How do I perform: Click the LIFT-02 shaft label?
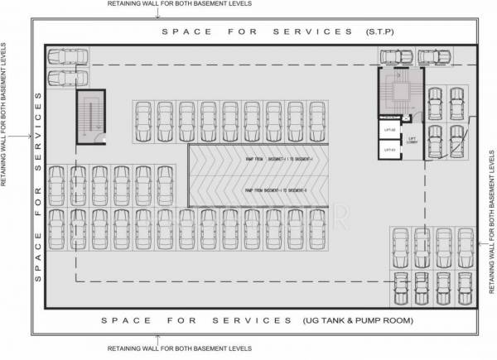click(386, 131)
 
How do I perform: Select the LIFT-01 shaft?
click(386, 150)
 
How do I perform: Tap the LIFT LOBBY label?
click(411, 140)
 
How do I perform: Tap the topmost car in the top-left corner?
click(68, 57)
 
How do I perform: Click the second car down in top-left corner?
click(68, 78)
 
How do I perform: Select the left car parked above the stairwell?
click(396, 56)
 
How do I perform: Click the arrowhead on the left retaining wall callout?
click(31, 134)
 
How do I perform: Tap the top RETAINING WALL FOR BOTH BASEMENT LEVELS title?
click(180, 4)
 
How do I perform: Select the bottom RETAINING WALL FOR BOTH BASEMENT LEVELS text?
click(180, 349)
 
